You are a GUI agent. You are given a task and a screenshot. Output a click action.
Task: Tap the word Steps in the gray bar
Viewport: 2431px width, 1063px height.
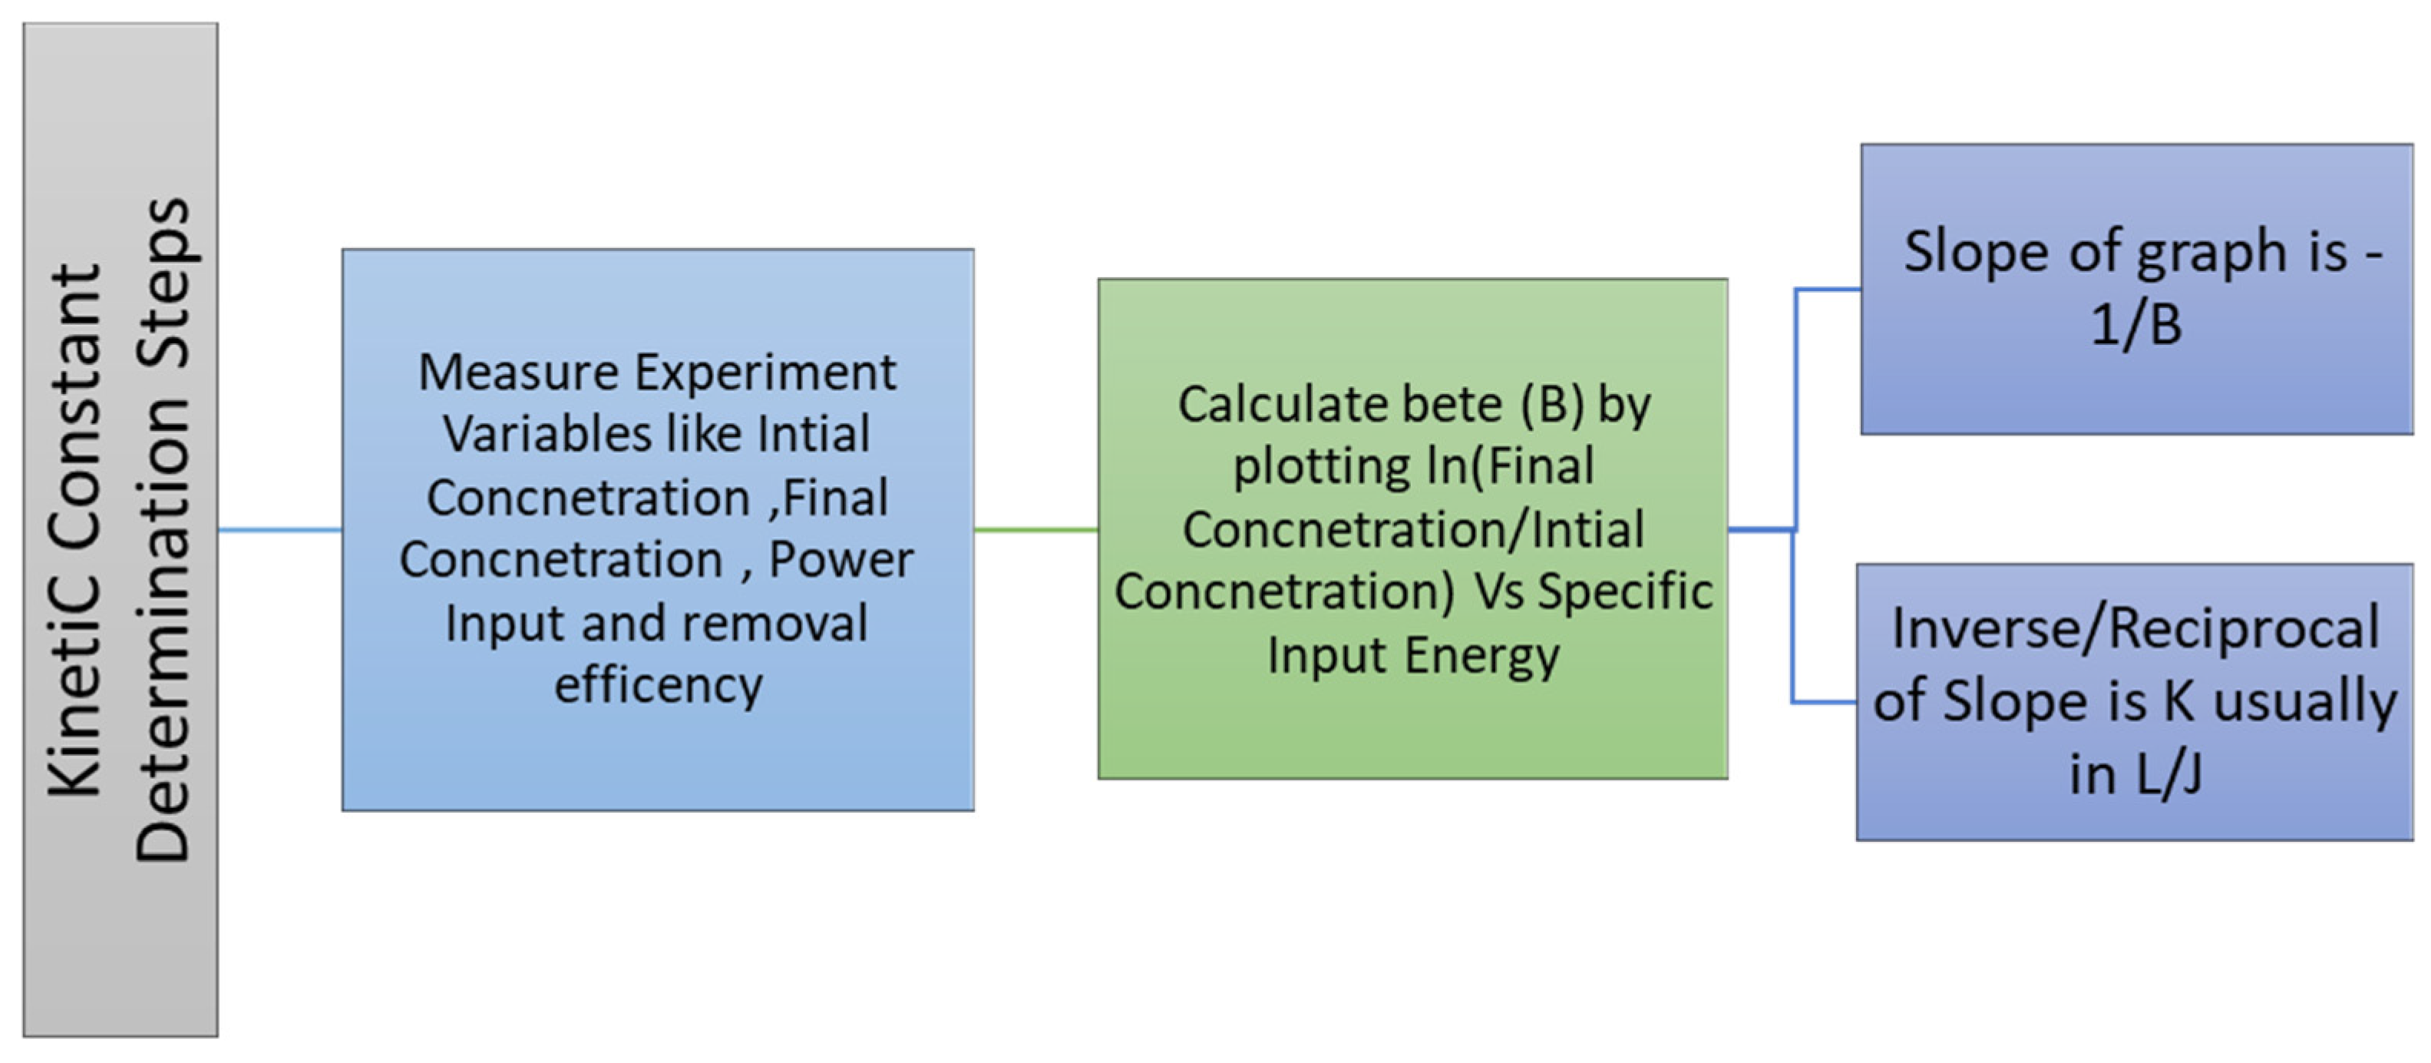(x=165, y=283)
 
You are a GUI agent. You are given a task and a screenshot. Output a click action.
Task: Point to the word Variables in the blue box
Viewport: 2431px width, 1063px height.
(x=547, y=434)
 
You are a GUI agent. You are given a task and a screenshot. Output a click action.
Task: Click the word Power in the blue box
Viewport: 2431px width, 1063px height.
(x=840, y=560)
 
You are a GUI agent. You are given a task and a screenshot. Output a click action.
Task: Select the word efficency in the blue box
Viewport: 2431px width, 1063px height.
(x=658, y=684)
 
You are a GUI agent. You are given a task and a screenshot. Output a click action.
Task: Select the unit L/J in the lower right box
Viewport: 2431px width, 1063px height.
(x=2171, y=774)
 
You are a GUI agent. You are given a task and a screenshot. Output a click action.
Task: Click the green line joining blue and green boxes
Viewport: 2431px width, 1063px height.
(x=1035, y=530)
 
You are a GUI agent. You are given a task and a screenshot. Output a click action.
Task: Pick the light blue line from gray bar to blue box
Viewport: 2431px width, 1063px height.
(x=279, y=530)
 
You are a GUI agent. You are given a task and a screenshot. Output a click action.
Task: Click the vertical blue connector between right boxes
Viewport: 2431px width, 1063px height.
(x=1794, y=425)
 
